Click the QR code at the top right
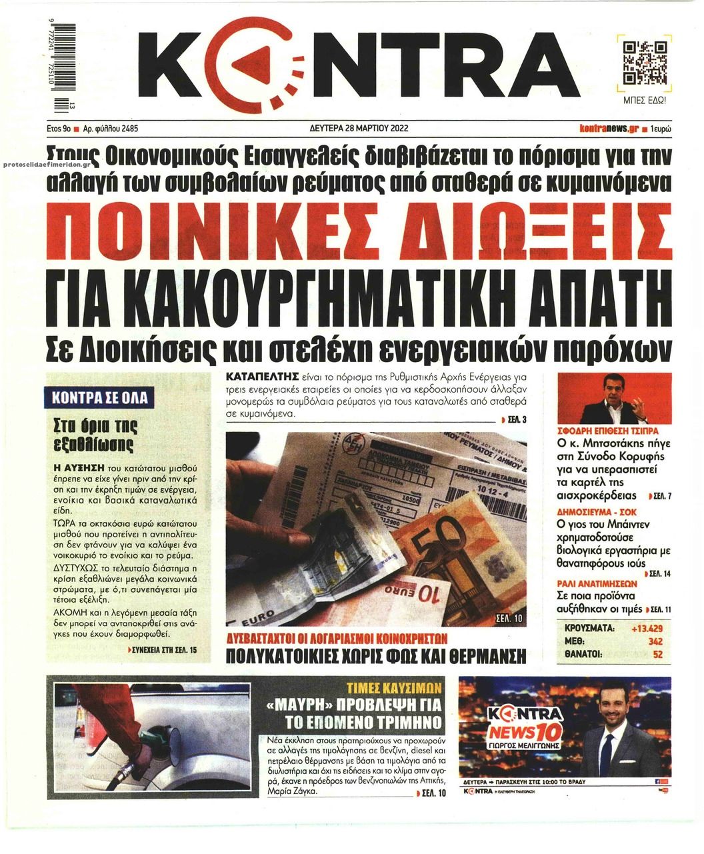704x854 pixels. [x=645, y=63]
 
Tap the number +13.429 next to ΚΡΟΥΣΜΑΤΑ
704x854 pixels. [x=646, y=629]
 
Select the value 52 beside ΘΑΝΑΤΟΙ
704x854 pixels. [x=657, y=654]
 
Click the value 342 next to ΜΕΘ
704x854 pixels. [x=655, y=641]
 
